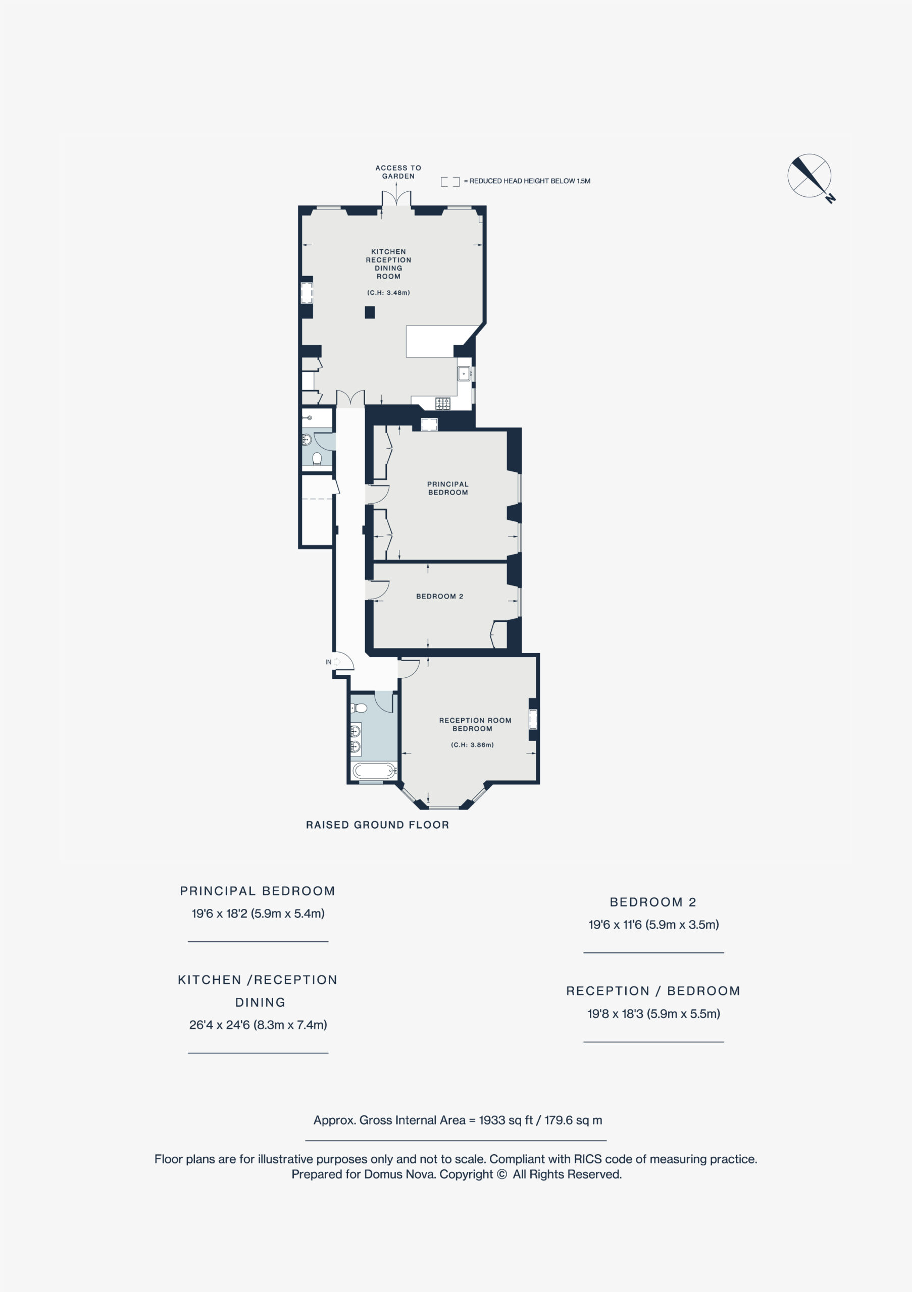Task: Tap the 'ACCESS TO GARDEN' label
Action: [398, 172]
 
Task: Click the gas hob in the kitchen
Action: [442, 403]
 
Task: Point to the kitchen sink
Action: [464, 373]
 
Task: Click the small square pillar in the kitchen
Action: [369, 312]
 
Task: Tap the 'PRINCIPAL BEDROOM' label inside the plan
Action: [447, 488]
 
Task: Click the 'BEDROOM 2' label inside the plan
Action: [440, 597]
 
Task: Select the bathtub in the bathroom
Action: [374, 770]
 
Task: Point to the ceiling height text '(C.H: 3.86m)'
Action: [472, 744]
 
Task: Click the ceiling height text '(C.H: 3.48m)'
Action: [388, 293]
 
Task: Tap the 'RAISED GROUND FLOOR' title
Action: [377, 825]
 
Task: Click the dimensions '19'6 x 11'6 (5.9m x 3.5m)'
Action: [653, 925]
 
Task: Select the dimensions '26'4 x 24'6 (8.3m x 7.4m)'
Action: [258, 1025]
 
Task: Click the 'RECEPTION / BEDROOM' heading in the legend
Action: [653, 991]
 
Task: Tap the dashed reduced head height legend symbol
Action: [450, 181]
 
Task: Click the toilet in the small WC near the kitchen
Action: [317, 459]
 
